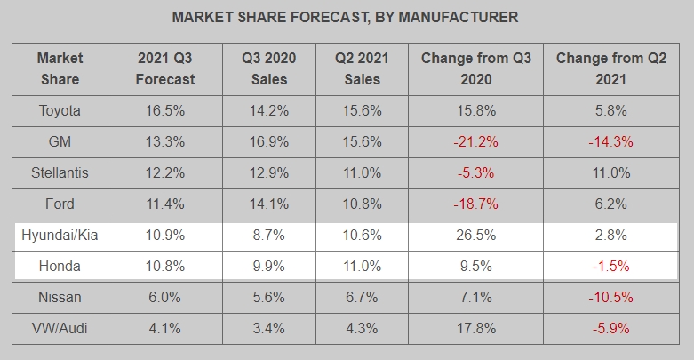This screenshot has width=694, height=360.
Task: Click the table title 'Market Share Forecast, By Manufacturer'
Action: [345, 17]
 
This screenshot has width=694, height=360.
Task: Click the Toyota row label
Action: [60, 111]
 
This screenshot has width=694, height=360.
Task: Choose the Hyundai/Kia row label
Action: [60, 236]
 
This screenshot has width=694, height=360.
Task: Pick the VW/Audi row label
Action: [60, 328]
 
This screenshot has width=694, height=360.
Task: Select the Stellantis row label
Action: [60, 173]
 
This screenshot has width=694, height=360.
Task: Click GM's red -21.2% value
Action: [476, 142]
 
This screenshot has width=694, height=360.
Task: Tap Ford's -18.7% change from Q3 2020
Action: [476, 204]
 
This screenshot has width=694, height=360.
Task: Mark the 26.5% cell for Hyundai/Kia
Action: [476, 236]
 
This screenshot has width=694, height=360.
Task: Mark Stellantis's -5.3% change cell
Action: [476, 173]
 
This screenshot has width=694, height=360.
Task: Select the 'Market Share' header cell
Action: [60, 68]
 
